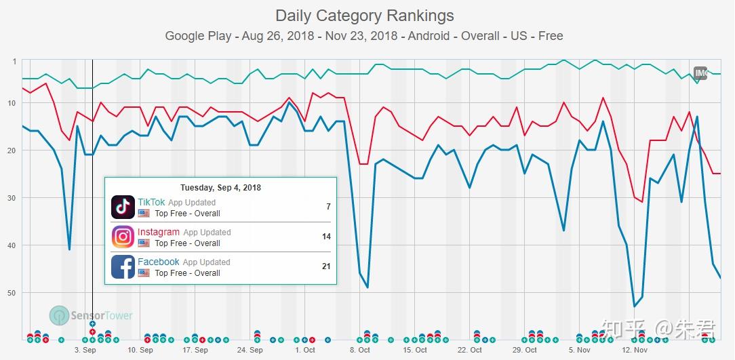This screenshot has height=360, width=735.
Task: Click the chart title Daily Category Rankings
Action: click(364, 16)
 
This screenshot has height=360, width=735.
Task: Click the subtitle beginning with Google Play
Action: click(363, 36)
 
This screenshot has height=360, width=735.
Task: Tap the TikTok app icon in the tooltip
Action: click(123, 207)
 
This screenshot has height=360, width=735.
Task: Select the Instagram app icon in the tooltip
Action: click(123, 237)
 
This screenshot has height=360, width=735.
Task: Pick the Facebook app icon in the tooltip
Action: click(123, 266)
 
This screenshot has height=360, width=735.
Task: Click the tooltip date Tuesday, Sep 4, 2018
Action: click(220, 188)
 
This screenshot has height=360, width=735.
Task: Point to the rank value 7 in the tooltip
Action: click(328, 207)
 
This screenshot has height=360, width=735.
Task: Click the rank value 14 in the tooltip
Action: click(326, 237)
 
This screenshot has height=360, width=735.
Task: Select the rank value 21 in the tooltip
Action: click(326, 266)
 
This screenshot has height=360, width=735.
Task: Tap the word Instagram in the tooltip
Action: click(159, 232)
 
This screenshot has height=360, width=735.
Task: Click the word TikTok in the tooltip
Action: click(151, 202)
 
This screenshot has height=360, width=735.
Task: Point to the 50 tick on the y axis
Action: click(12, 293)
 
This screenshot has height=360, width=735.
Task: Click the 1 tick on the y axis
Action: click(14, 62)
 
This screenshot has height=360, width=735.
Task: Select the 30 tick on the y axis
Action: click(12, 198)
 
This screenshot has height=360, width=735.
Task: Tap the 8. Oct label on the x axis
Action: click(359, 350)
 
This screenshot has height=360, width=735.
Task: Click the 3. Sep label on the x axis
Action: click(85, 350)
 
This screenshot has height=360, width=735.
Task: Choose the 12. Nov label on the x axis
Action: click(634, 350)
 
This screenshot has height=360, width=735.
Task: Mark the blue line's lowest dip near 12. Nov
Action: click(634, 306)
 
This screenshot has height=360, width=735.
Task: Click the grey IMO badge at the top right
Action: click(700, 73)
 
